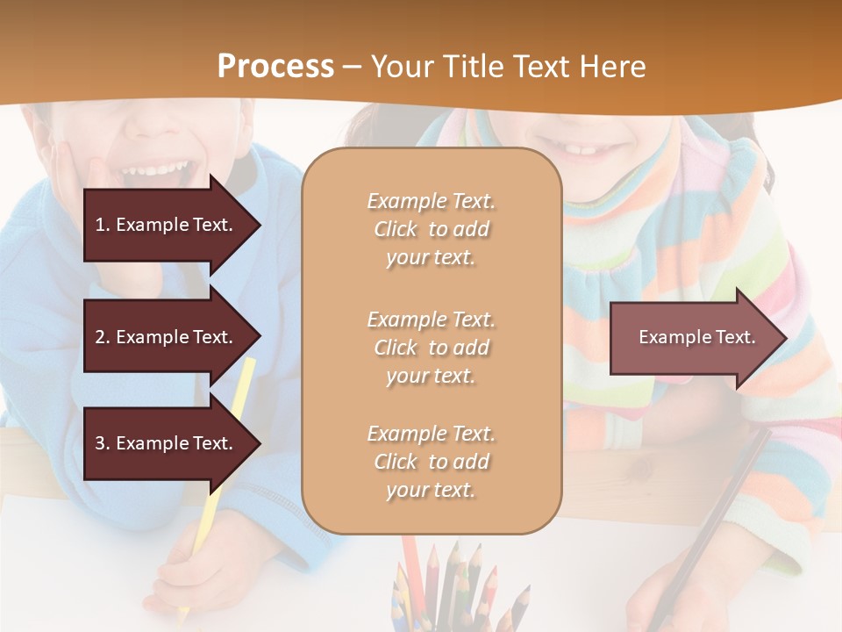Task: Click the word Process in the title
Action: tap(275, 67)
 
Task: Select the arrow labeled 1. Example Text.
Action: tap(167, 225)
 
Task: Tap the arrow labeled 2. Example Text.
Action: tap(167, 337)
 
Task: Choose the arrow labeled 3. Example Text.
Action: tap(167, 443)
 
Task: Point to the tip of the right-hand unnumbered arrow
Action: tap(785, 338)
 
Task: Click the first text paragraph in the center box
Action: tap(431, 229)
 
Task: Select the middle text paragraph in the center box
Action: tap(431, 348)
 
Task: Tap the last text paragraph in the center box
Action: tap(431, 462)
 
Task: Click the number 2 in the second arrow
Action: tap(100, 337)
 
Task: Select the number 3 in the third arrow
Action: tap(100, 443)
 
